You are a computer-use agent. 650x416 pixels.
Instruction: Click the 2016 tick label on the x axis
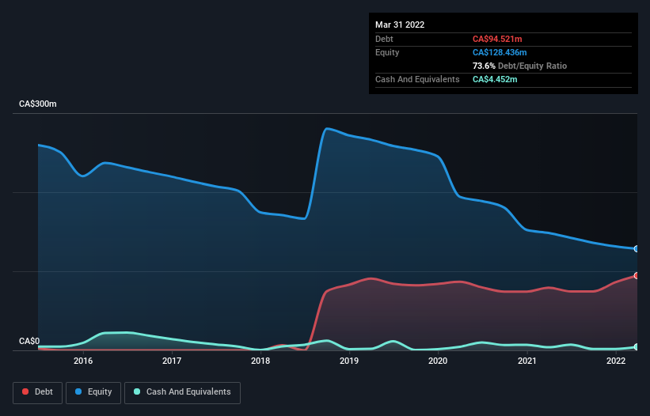point(82,361)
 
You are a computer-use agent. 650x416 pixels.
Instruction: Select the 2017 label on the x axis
point(171,361)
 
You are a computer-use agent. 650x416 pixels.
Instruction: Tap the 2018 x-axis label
point(260,361)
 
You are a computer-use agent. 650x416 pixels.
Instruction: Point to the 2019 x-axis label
point(349,361)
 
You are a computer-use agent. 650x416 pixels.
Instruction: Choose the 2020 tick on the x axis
point(438,361)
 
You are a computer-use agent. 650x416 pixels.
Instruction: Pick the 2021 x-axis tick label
point(526,361)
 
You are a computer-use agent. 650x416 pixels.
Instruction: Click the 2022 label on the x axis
point(615,361)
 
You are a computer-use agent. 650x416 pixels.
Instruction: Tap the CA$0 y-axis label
point(29,342)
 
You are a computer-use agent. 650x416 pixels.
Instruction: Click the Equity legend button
point(93,392)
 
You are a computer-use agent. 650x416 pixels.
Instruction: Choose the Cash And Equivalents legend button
point(182,392)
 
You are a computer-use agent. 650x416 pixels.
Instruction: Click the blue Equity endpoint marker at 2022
point(637,249)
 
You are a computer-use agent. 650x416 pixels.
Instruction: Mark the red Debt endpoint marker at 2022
point(637,275)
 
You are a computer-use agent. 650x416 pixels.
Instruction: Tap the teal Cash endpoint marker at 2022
point(637,347)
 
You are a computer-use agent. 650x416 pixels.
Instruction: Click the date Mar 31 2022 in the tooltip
point(400,25)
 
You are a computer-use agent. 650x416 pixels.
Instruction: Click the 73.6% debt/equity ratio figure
point(485,66)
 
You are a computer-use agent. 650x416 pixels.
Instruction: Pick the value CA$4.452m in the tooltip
point(496,79)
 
